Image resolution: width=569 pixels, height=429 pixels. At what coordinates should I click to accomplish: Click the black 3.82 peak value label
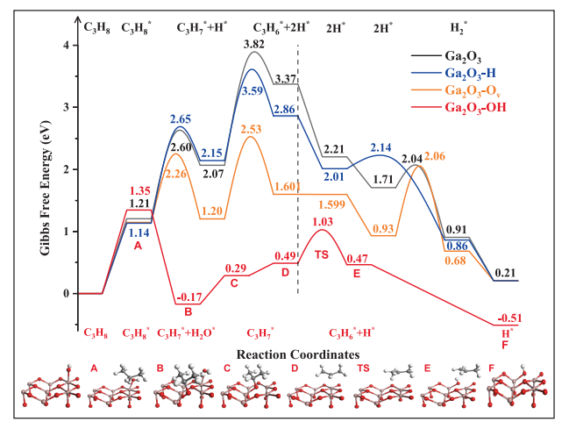coord(254,44)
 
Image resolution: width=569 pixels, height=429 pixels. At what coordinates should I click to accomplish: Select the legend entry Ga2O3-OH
coord(491,107)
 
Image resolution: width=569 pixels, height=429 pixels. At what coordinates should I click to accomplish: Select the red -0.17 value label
coord(191,297)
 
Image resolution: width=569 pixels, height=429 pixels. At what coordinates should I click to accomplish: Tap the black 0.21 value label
coord(505,272)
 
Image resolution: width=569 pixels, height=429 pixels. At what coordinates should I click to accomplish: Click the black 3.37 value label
coord(285,78)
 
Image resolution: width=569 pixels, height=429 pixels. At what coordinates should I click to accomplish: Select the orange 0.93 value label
coord(382,228)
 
